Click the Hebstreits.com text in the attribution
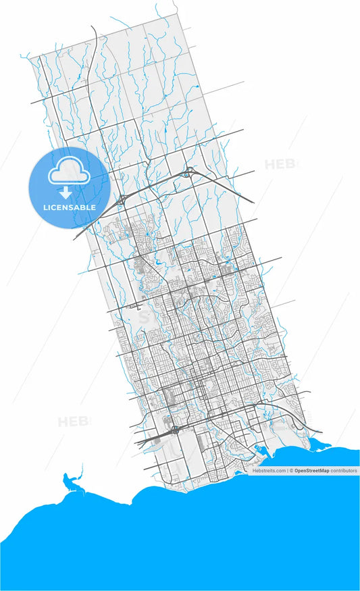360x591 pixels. (x=269, y=470)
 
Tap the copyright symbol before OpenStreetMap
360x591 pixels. (x=292, y=470)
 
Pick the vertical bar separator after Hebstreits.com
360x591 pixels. (x=288, y=470)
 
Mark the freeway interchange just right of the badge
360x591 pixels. (x=123, y=199)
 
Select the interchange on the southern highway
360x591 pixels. (x=174, y=430)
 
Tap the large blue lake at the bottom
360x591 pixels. (x=203, y=540)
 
